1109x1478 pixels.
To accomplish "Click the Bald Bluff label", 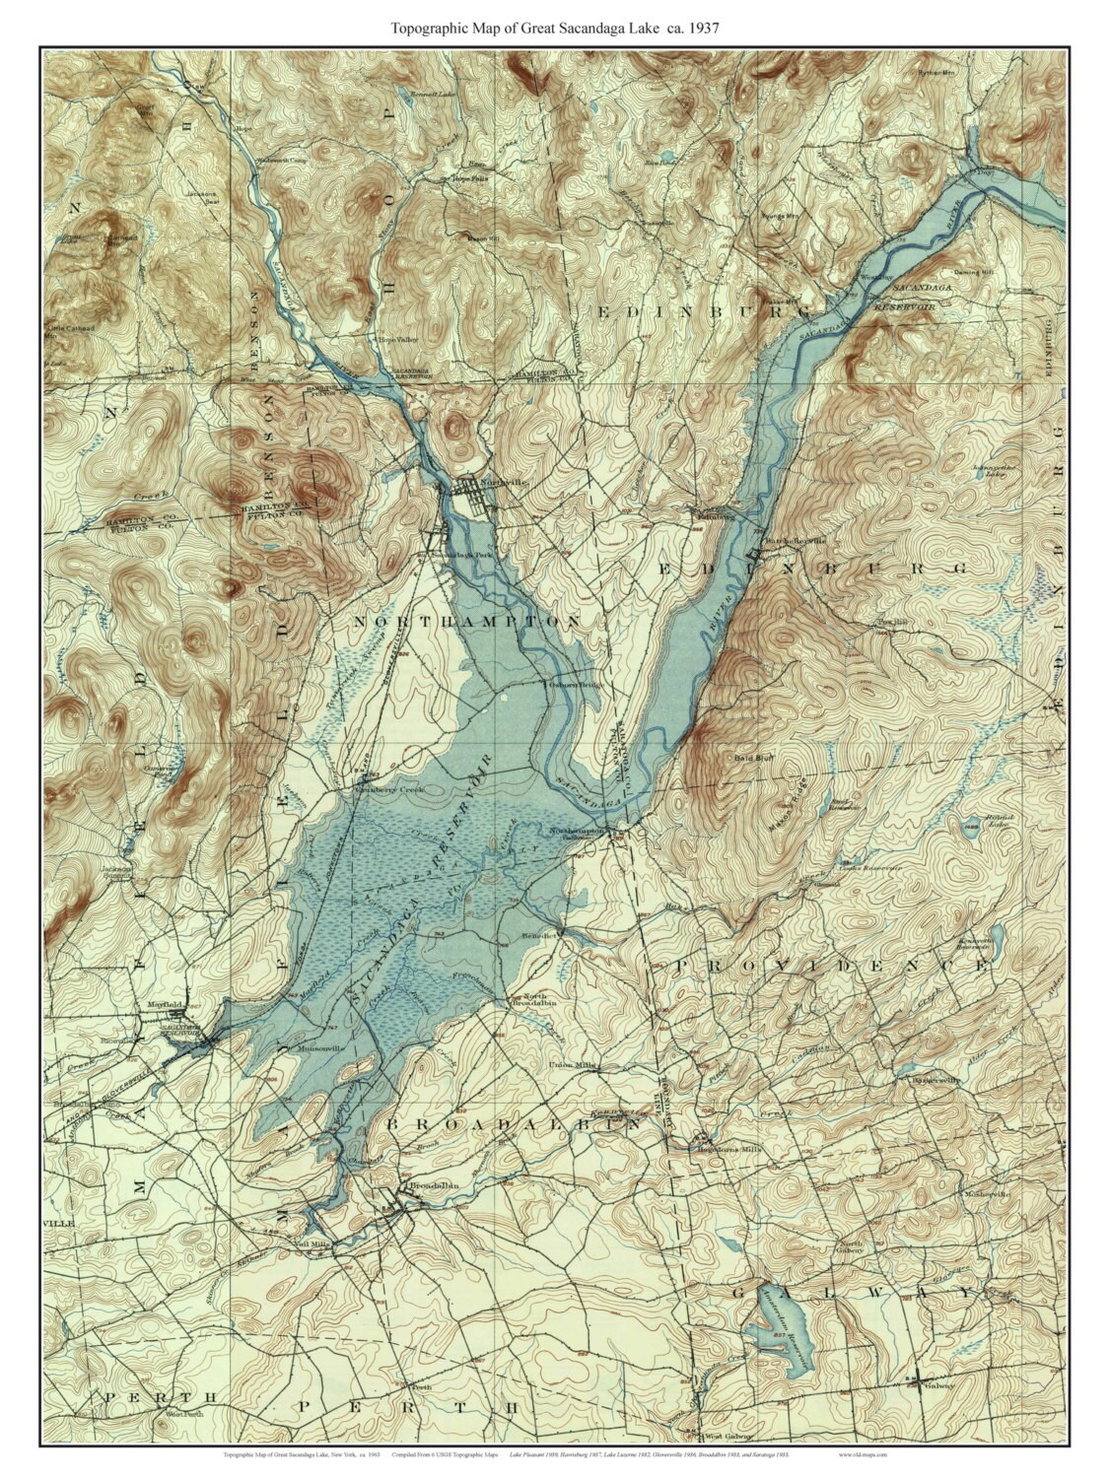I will point(750,758).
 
